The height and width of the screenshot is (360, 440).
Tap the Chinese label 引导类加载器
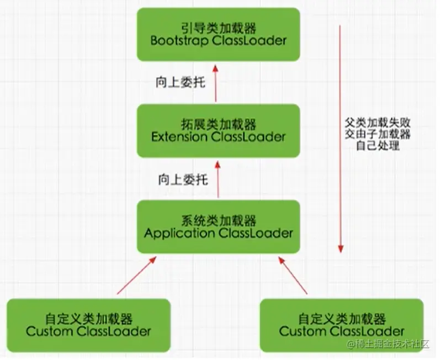click(218, 27)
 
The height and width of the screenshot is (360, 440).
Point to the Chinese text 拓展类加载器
click(218, 123)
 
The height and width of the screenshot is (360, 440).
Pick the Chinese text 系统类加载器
click(218, 220)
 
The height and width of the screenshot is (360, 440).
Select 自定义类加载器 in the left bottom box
click(88, 319)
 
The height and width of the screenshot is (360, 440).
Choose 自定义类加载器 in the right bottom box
click(342, 319)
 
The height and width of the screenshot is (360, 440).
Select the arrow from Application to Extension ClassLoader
click(218, 179)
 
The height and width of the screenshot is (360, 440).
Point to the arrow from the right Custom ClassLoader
click(293, 275)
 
